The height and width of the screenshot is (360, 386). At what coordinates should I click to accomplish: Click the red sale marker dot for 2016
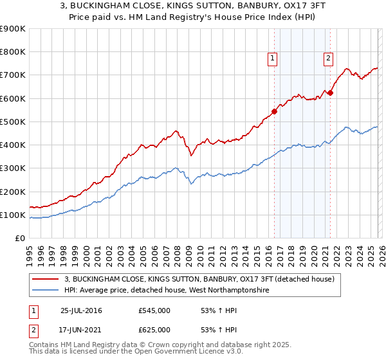point(274,111)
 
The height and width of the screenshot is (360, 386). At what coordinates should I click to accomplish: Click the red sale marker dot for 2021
point(330,93)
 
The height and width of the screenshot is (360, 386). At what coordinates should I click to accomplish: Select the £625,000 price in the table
point(154,330)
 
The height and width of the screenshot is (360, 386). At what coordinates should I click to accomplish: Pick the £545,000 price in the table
point(154,310)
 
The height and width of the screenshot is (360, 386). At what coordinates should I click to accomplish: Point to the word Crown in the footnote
point(145,345)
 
